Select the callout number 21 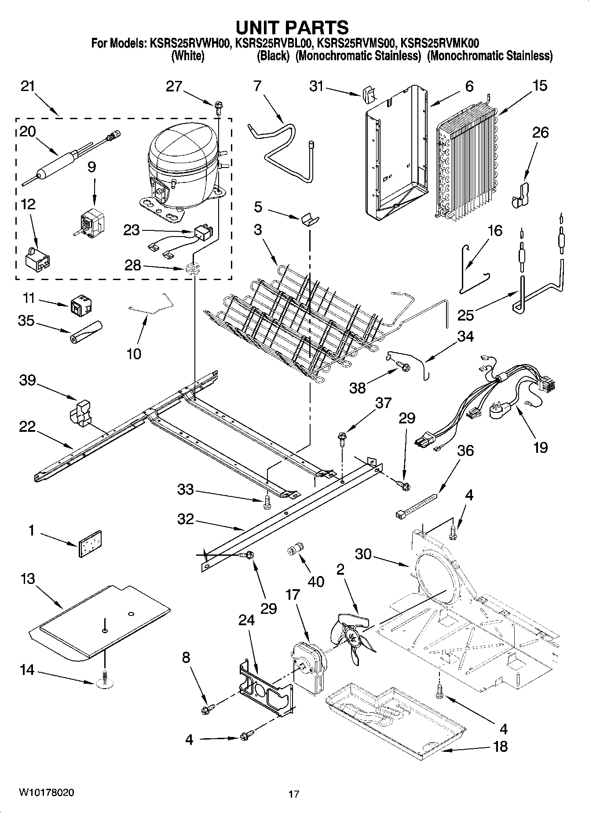[28, 86]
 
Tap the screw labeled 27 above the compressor [219, 105]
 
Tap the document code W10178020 [46, 792]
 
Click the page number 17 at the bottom [294, 794]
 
